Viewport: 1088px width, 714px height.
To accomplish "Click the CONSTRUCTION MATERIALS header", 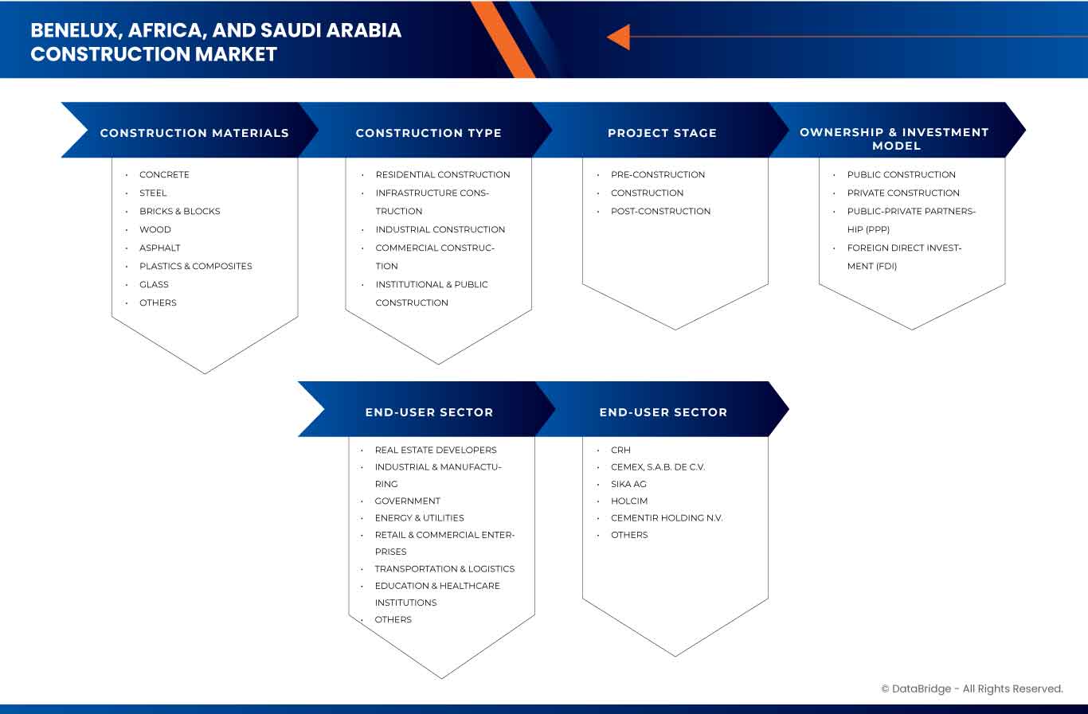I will tap(194, 133).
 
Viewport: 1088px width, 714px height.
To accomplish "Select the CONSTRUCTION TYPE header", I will tap(429, 133).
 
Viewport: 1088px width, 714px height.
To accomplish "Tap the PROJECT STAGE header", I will tap(662, 133).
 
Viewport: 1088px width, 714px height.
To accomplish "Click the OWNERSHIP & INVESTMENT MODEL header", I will tap(894, 139).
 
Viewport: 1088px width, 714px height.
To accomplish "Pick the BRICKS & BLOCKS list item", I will tap(179, 211).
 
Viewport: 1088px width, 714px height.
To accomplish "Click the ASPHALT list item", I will tap(159, 248).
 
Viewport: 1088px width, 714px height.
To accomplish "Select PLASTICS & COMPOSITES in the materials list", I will tap(195, 266).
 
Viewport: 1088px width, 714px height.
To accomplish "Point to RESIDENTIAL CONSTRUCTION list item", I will tap(443, 174).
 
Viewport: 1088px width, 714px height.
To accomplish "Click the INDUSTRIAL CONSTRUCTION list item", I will tap(440, 229).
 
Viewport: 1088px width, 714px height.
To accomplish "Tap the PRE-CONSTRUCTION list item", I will tap(658, 174).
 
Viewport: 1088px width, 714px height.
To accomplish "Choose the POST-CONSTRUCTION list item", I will tap(660, 211).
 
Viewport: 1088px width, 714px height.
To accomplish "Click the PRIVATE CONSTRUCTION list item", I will tap(903, 193).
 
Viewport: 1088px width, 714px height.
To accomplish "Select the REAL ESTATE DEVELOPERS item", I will tap(436, 450).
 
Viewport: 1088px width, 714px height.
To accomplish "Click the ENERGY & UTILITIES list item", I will tap(419, 517).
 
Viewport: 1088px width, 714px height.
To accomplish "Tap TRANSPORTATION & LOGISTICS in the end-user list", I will tap(444, 568).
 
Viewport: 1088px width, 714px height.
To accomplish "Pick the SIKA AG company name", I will tap(628, 484).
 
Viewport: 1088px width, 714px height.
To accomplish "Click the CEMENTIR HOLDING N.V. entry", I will tap(667, 517).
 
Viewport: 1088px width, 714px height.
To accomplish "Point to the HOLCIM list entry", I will tap(629, 501).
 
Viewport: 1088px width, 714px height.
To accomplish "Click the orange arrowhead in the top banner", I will tap(619, 37).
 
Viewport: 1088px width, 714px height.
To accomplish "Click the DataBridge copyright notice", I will tap(972, 689).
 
